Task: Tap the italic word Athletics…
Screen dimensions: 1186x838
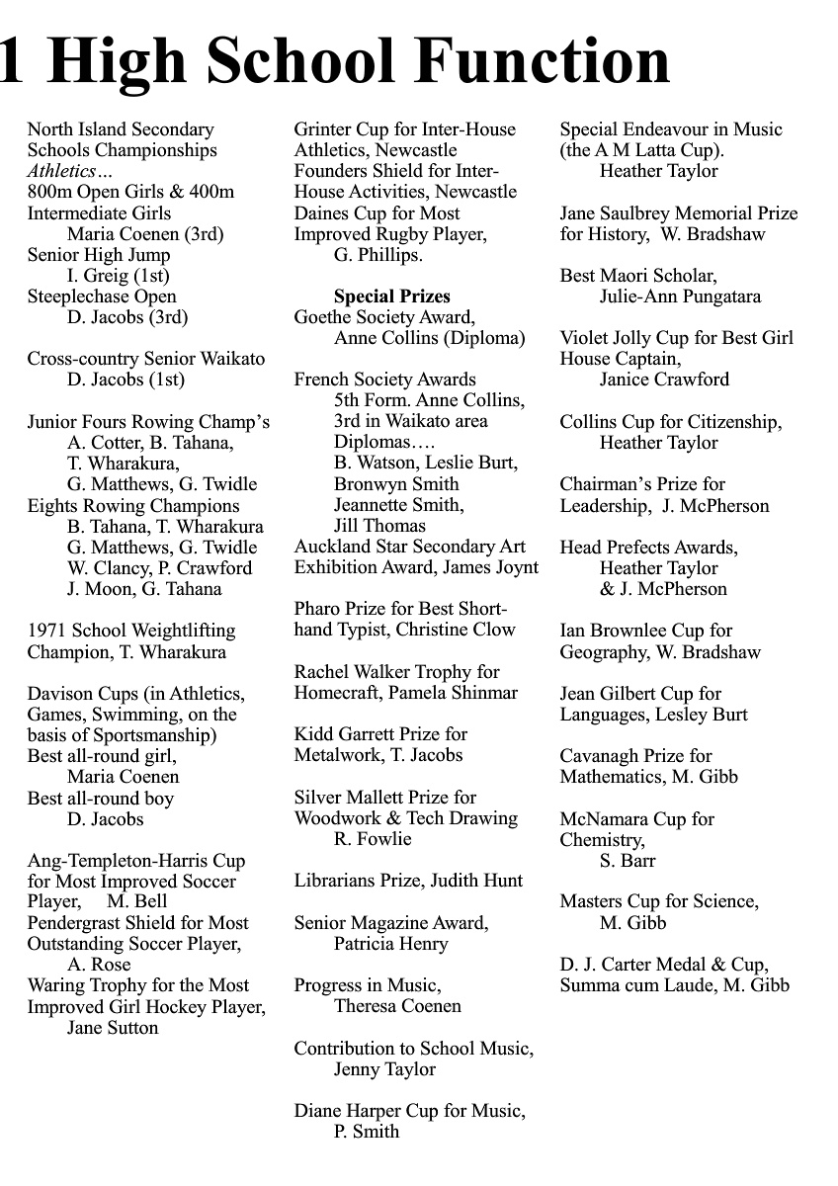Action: coord(70,171)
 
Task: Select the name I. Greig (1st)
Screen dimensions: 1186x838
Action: coord(118,276)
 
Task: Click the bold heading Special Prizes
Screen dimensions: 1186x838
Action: coord(391,296)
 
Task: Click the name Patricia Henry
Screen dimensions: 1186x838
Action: coord(390,944)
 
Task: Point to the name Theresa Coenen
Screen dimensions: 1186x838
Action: coord(397,1006)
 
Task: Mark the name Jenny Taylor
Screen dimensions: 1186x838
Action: coord(384,1069)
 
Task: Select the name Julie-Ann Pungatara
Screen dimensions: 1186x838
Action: coord(680,296)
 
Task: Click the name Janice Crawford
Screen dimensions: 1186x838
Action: coord(664,380)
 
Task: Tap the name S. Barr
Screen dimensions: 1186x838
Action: coord(628,861)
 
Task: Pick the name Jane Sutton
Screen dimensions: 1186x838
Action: coord(113,1028)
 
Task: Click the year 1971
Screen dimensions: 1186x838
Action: coord(46,631)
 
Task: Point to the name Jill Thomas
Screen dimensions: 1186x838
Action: coord(379,526)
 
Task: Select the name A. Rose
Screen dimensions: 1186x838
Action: coord(99,965)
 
